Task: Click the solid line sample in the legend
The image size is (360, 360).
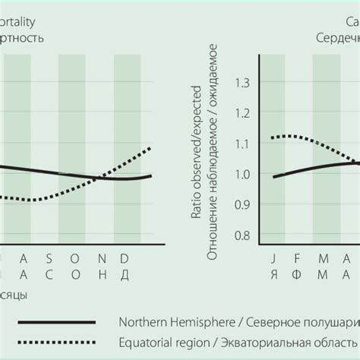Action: tap(56, 322)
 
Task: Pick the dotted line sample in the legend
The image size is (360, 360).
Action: tap(56, 343)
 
